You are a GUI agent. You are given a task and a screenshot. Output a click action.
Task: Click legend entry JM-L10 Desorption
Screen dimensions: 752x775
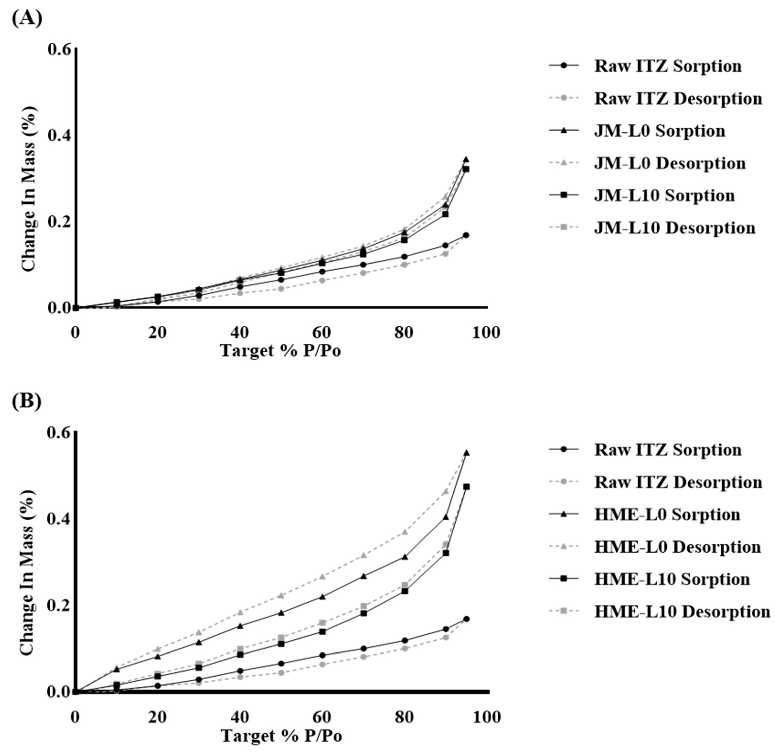[x=675, y=228]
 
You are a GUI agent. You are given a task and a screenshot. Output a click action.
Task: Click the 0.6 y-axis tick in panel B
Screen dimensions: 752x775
[x=59, y=433]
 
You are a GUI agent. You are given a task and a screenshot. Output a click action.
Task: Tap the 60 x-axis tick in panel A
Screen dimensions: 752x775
[x=321, y=332]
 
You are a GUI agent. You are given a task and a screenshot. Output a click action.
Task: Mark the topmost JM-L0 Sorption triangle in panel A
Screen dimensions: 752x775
[x=466, y=159]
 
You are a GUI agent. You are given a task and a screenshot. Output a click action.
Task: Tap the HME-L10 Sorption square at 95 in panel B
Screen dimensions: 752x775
[x=466, y=487]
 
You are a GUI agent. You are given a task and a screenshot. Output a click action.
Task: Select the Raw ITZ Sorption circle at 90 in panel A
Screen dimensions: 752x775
[x=445, y=245]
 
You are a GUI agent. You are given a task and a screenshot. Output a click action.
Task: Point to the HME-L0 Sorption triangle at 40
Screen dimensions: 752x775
[x=240, y=626]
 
